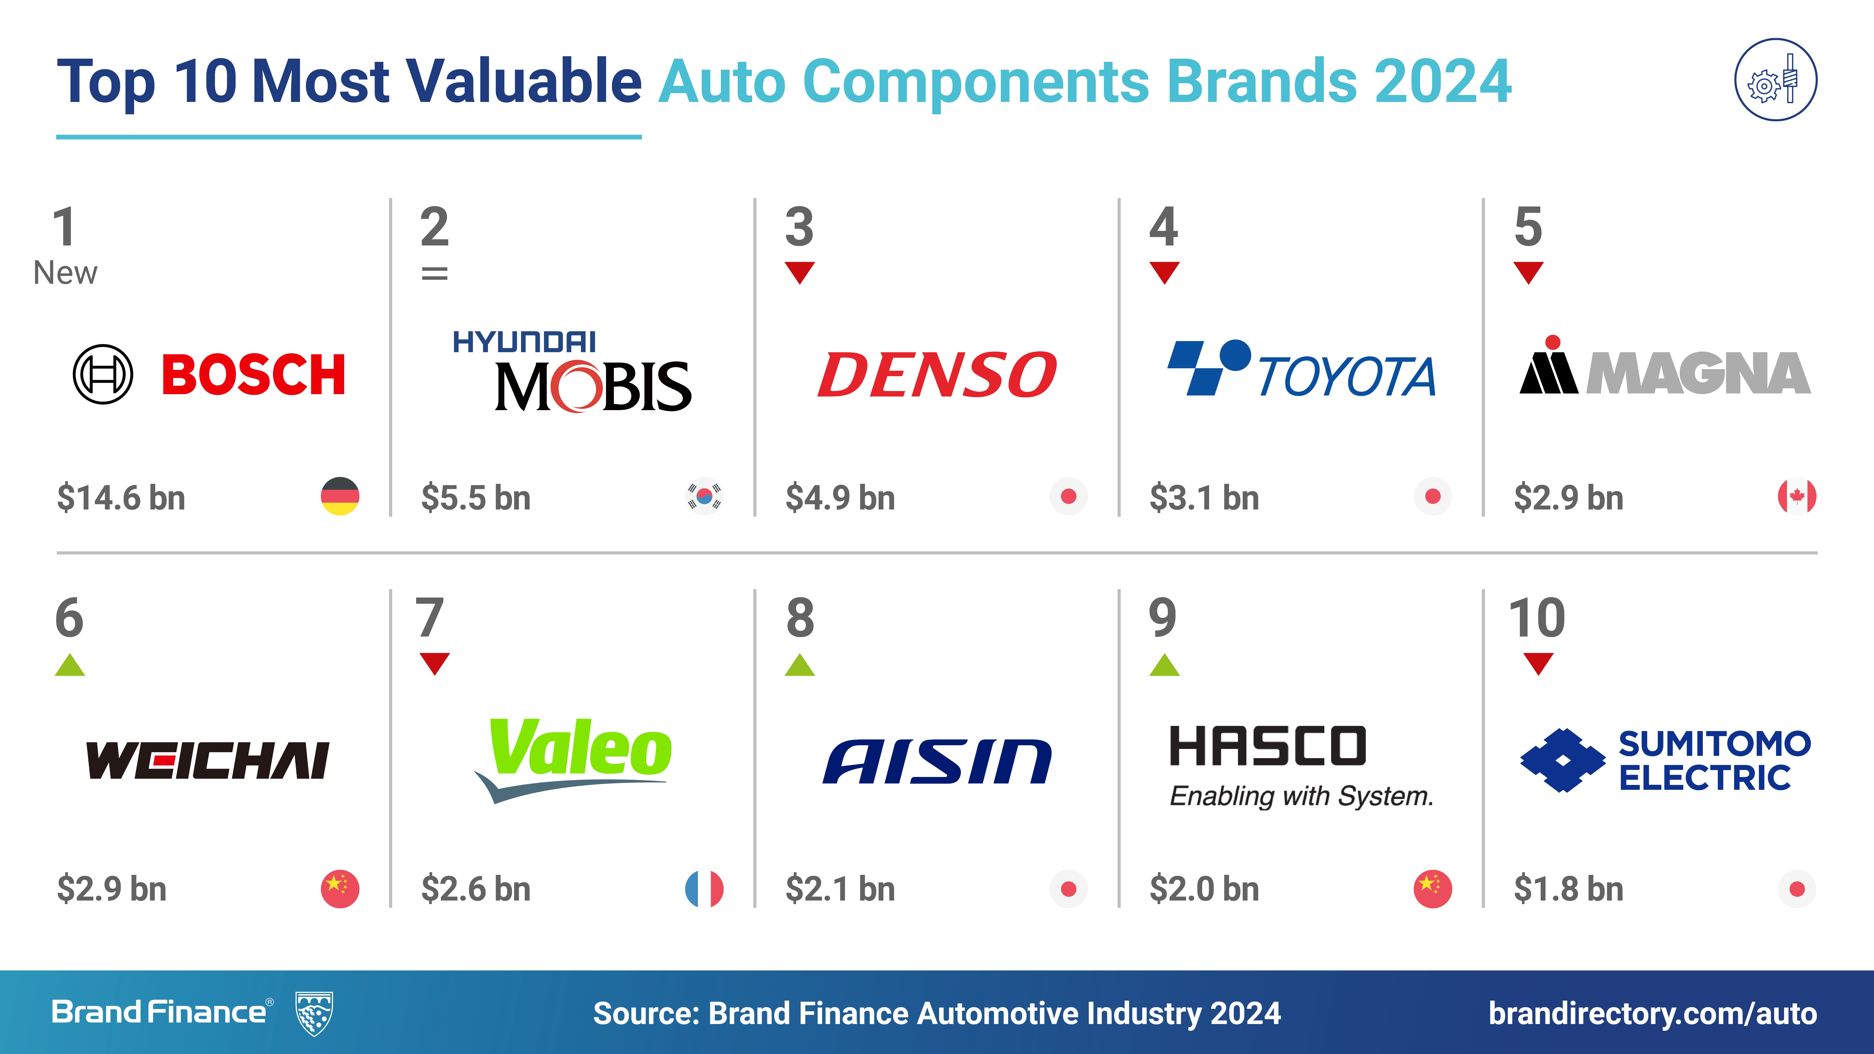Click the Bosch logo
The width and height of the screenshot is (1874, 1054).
tap(210, 375)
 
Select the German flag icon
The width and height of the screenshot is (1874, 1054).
tap(340, 496)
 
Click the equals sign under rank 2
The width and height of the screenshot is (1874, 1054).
tap(434, 274)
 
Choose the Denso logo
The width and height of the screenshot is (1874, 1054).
tap(937, 375)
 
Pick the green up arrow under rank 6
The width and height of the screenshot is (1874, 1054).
tap(70, 665)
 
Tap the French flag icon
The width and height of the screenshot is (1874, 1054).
tap(704, 888)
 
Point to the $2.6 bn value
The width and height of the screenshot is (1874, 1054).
tap(476, 889)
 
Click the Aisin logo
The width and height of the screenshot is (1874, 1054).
tap(937, 762)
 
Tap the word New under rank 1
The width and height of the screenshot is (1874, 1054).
tap(65, 273)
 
